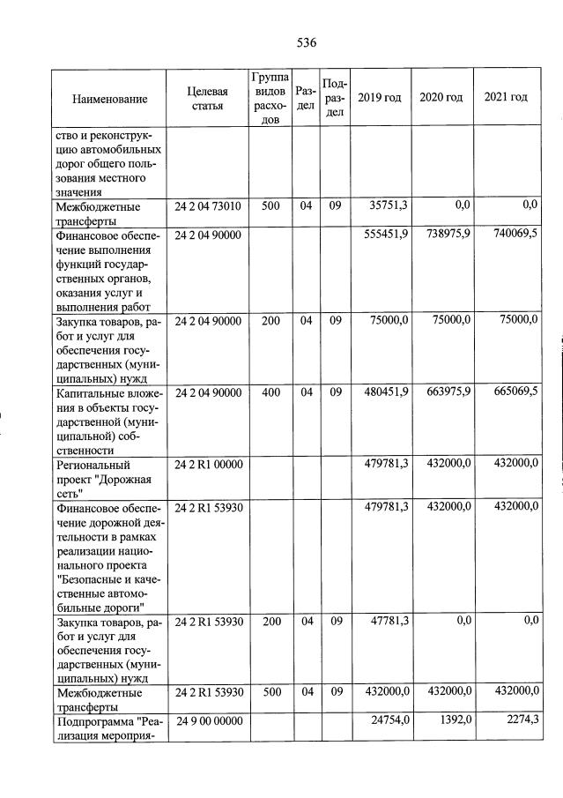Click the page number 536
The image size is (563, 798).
click(x=306, y=42)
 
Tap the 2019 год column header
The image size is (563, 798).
click(x=380, y=97)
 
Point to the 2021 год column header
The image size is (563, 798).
click(x=506, y=97)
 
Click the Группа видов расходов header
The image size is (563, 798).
click(x=270, y=97)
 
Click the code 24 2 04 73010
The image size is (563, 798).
click(x=207, y=205)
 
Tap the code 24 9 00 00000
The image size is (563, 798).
click(x=207, y=721)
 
